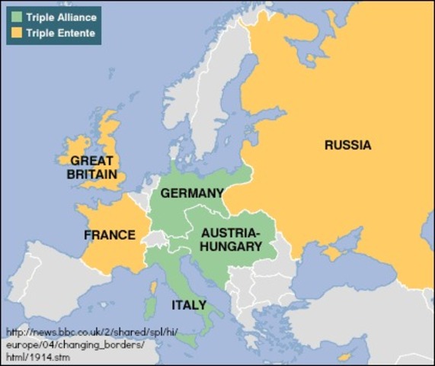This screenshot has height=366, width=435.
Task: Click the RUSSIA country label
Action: [347, 145]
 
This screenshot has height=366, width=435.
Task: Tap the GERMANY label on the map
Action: [191, 193]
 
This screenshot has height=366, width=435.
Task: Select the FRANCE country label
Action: [110, 235]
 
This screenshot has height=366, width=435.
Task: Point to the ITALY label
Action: [188, 305]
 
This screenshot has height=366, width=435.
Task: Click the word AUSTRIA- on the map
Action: [229, 233]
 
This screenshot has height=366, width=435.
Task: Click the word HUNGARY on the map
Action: [230, 246]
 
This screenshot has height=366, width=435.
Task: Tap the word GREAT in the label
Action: [91, 161]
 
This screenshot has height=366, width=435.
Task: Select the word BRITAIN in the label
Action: [91, 174]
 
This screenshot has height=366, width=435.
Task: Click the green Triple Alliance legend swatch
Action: [17, 16]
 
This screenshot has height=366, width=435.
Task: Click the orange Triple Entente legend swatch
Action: [17, 33]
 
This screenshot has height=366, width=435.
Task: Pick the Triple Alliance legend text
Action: [62, 16]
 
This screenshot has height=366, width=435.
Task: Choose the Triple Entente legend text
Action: [60, 33]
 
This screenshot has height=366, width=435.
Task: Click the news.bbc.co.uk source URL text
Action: [72, 332]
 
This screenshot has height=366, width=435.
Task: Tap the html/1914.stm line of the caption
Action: [37, 357]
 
